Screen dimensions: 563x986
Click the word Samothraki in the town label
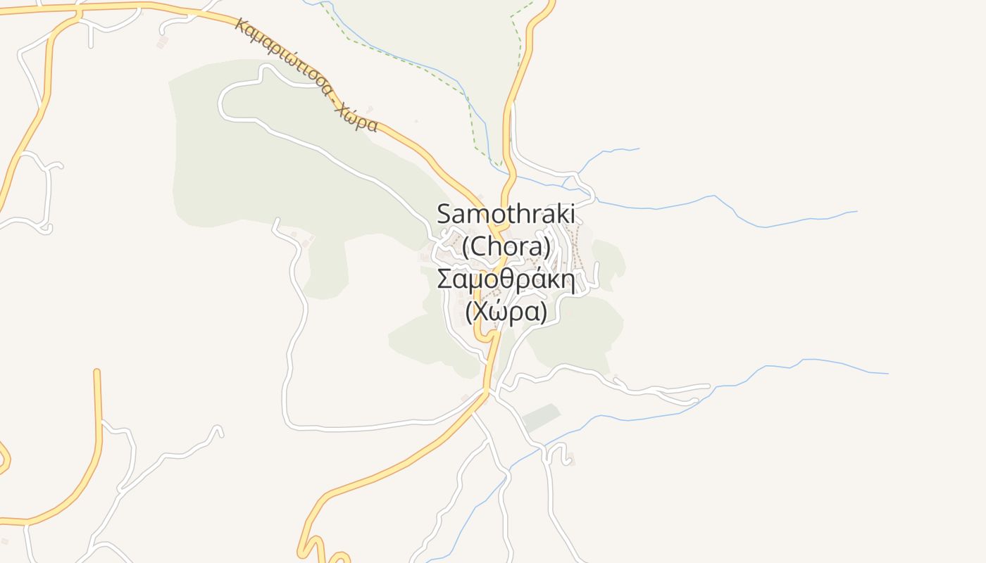[506, 213]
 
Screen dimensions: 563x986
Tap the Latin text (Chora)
[506, 246]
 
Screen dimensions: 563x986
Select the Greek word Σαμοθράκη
[506, 279]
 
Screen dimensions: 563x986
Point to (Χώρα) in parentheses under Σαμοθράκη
[506, 311]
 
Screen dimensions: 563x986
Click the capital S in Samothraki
[444, 213]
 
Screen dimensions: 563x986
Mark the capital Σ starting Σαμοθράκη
[444, 279]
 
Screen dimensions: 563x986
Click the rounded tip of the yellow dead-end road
[97, 372]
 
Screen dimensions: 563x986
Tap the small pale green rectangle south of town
[541, 417]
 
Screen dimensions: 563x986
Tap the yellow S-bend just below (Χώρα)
[486, 336]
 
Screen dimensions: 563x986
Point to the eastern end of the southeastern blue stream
[887, 373]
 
